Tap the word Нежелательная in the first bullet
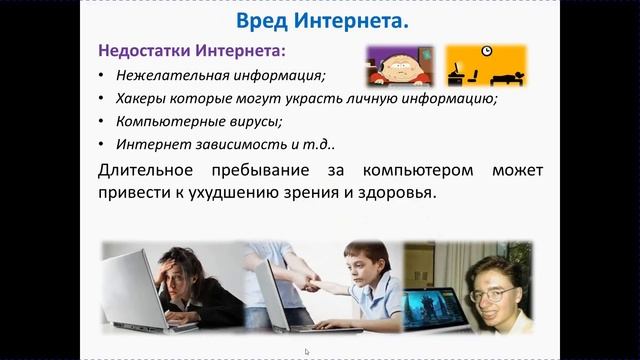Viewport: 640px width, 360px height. (162, 75)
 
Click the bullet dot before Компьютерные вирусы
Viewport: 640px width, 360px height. (102, 123)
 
